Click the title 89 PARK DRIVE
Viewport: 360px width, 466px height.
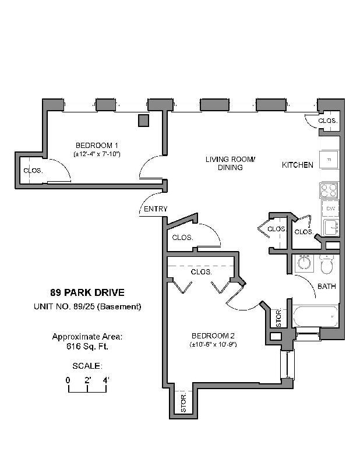click(87, 293)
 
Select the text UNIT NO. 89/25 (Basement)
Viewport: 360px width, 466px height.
click(87, 306)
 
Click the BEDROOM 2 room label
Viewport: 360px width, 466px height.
click(213, 336)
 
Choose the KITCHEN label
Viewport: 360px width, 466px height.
click(298, 165)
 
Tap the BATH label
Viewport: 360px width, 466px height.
click(326, 287)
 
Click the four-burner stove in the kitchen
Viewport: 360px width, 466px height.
click(329, 190)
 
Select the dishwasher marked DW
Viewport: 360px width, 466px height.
click(330, 209)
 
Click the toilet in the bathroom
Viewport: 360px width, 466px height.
click(327, 264)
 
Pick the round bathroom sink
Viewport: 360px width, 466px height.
click(303, 263)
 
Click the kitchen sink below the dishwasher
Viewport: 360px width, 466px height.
click(330, 227)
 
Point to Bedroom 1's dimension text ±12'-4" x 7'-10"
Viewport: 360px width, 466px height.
click(97, 154)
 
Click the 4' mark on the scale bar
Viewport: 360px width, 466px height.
click(106, 380)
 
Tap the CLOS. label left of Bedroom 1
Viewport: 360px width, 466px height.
click(31, 171)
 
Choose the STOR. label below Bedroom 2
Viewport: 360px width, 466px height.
click(183, 403)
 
